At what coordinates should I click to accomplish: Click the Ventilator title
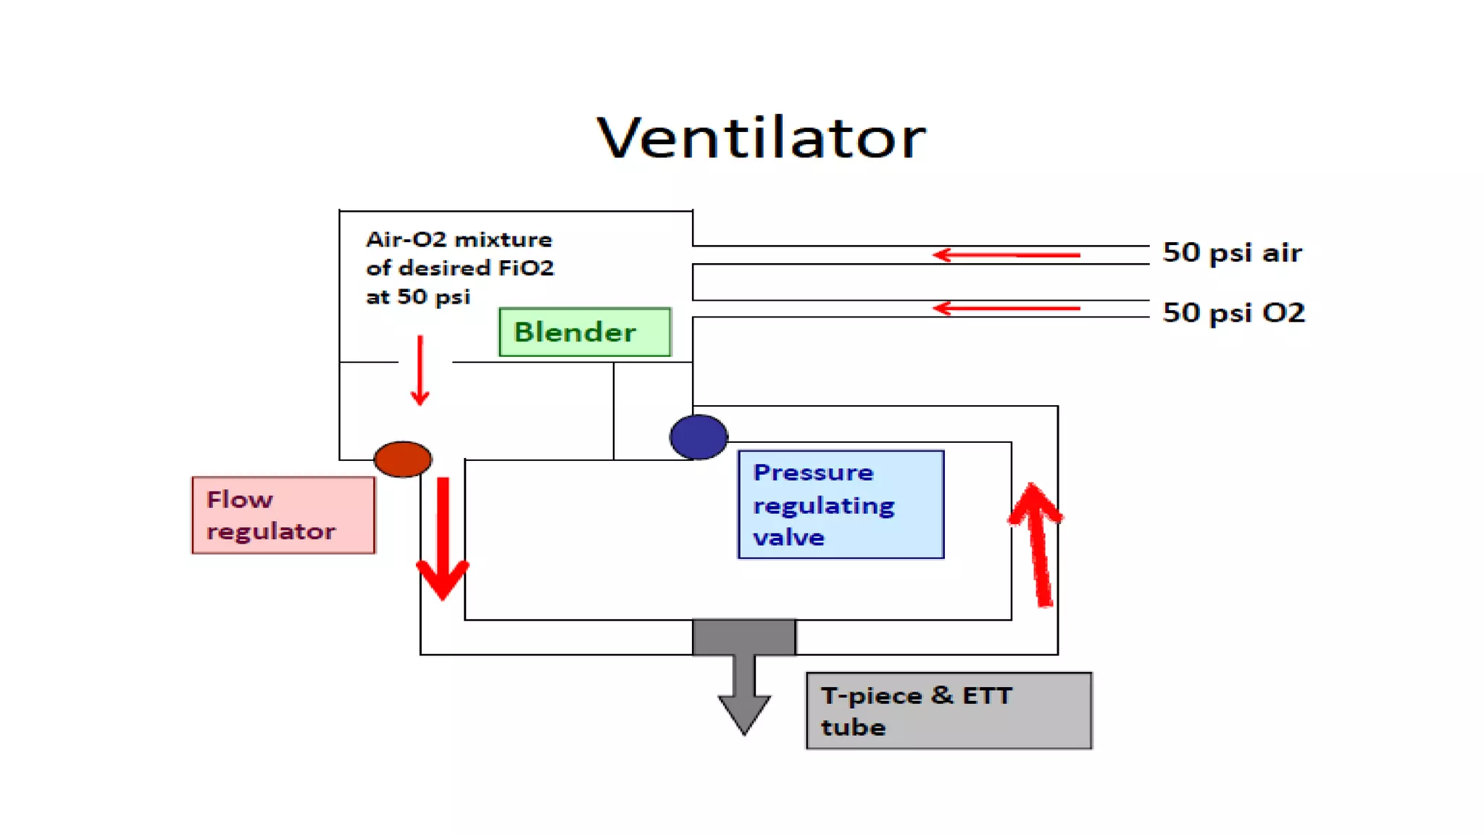click(761, 138)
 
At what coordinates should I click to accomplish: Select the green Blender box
click(585, 332)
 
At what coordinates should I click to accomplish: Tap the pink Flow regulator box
click(283, 515)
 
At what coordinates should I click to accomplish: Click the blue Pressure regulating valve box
click(841, 504)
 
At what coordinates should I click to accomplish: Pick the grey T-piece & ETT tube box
click(949, 710)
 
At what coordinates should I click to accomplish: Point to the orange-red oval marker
click(403, 459)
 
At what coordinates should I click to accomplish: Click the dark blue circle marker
click(699, 437)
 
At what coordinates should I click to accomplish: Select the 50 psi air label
click(1232, 253)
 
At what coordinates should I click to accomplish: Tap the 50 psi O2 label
click(1233, 313)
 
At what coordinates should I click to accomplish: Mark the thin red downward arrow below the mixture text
click(420, 370)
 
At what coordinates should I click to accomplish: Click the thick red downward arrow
click(443, 540)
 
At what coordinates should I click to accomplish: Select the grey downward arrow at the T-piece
click(744, 689)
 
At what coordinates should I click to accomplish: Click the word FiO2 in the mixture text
click(526, 268)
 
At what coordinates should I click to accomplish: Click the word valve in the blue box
click(788, 538)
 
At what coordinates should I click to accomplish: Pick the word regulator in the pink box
click(271, 532)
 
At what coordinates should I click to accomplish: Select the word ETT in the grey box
click(987, 696)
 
